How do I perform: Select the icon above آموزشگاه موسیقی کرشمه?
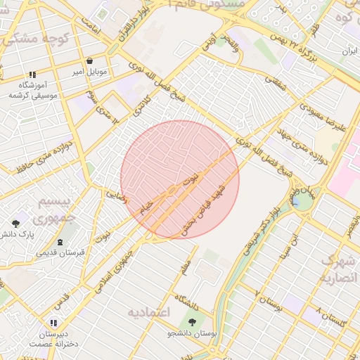(x=32, y=75)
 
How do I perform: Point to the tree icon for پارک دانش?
(x=15, y=224)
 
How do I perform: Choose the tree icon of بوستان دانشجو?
(x=192, y=322)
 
